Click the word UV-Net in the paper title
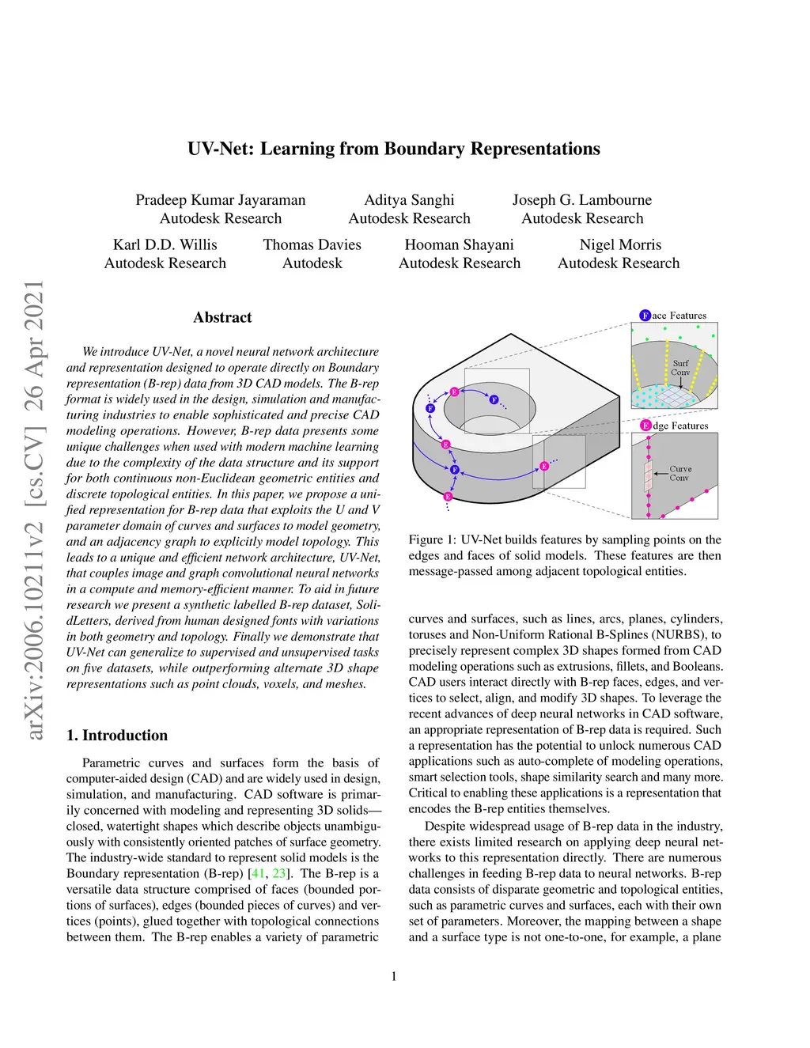tap(219, 149)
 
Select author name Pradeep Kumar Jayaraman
tap(220, 200)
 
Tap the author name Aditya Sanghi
tap(409, 200)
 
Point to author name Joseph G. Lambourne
tap(582, 200)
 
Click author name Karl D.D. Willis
tap(165, 245)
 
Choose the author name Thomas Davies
tap(312, 245)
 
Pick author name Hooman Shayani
tap(459, 245)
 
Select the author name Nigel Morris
tap(620, 245)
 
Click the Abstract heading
tap(222, 317)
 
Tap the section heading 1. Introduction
tap(117, 736)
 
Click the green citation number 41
tap(258, 874)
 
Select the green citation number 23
tap(279, 874)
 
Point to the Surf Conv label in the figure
tap(680, 368)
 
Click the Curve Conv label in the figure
tap(679, 473)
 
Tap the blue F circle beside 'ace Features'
tap(645, 316)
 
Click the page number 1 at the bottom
tap(394, 976)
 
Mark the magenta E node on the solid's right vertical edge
tap(544, 467)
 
